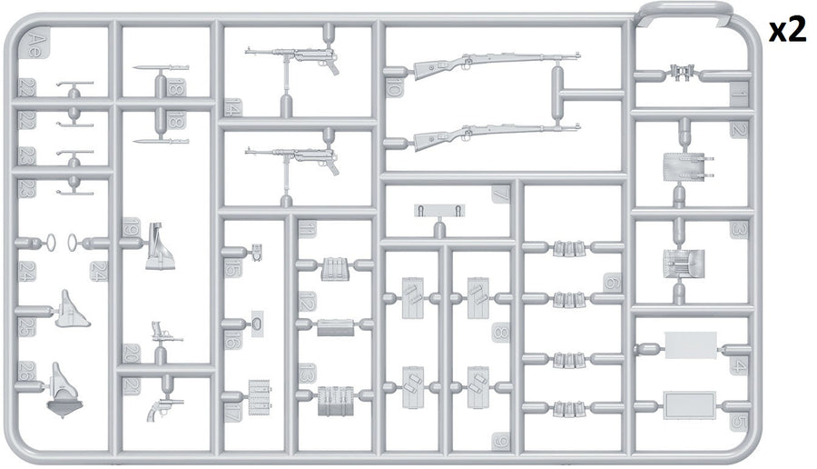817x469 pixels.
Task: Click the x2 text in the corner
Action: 787,30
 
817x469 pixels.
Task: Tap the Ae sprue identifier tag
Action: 33,43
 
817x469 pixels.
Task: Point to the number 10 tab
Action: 394,88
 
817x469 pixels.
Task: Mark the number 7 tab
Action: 500,194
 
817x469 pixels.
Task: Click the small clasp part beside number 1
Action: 681,71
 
